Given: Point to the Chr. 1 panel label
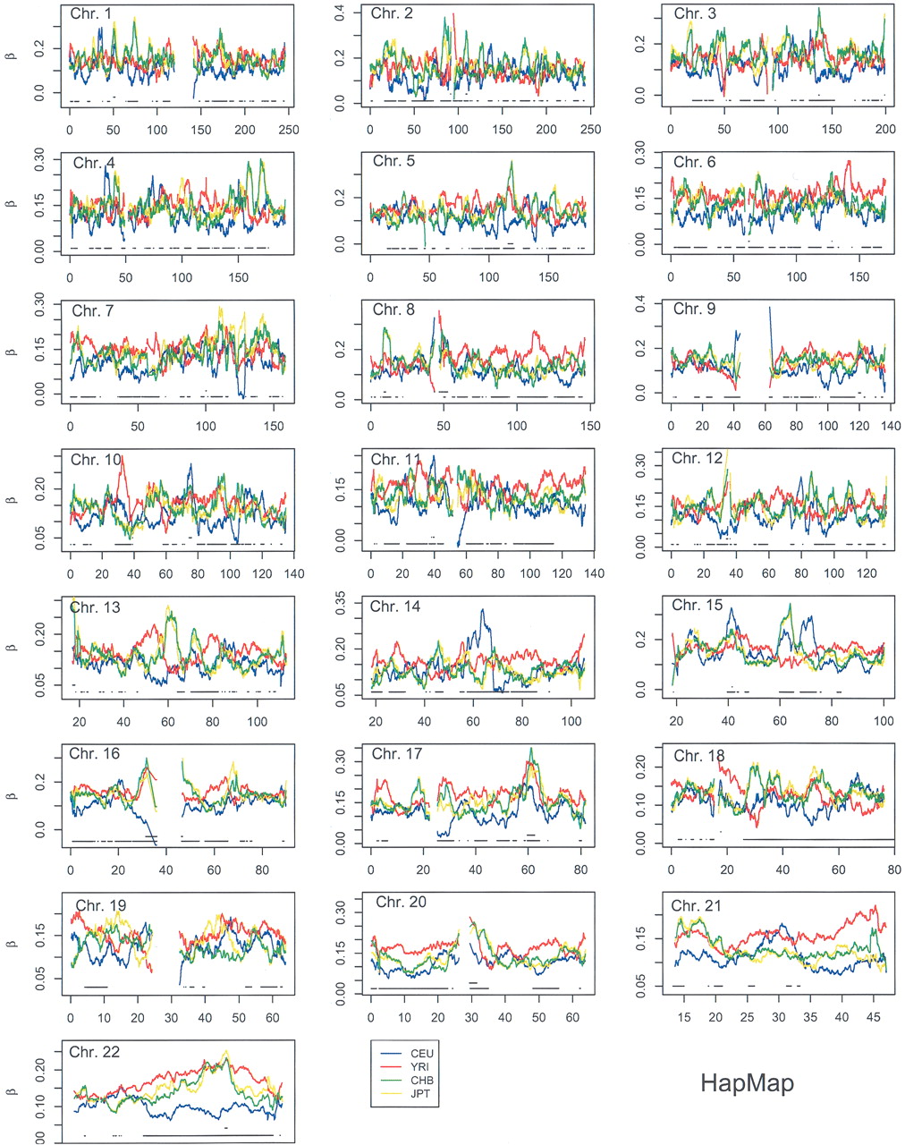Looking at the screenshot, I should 92,14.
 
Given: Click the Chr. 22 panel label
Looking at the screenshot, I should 99,1050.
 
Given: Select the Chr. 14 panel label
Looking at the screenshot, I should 395,606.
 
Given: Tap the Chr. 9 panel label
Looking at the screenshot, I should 694,310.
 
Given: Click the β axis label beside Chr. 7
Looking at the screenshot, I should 11,352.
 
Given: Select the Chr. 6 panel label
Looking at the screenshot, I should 694,162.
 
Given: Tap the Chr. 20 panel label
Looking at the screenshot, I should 398,903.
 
